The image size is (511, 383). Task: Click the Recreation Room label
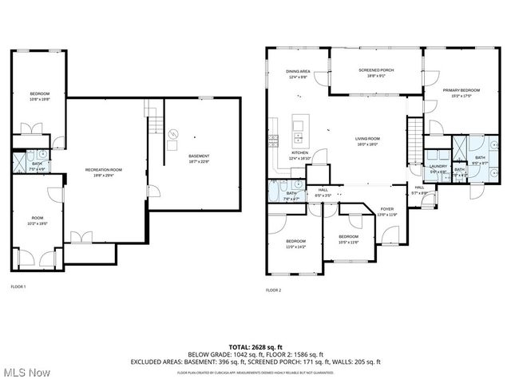tap(105, 170)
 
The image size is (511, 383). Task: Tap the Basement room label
tap(199, 156)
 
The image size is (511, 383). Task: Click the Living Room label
tap(367, 139)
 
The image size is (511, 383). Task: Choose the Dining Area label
tap(298, 72)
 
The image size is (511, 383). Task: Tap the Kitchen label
tap(299, 152)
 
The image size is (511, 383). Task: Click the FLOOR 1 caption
tap(18, 286)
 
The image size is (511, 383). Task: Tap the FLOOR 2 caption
tap(273, 290)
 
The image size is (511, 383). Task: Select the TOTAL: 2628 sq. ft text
tap(255, 347)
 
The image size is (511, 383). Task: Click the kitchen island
tap(299, 124)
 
